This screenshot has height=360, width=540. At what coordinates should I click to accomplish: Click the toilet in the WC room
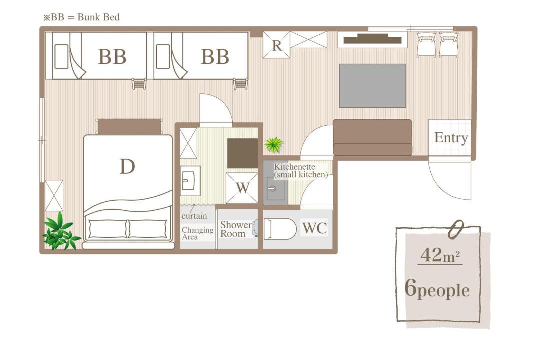coord(280,228)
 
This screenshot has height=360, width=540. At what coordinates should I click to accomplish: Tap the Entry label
coord(451,138)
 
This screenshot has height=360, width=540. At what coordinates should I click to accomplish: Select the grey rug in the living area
coord(372,86)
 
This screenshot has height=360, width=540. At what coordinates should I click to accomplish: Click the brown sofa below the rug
coord(372,138)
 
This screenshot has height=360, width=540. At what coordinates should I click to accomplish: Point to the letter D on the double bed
coord(127,166)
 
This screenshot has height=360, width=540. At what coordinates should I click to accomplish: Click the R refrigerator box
coord(277,45)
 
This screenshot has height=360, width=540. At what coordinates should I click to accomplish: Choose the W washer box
coord(242,188)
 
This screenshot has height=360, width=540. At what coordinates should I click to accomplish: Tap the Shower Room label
coord(236,229)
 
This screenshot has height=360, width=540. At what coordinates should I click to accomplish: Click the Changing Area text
coord(197,233)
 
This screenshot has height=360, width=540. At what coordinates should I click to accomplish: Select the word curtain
coord(194,216)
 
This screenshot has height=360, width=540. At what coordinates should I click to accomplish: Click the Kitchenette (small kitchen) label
coord(301,171)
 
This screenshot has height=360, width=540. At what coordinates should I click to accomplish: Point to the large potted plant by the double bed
coord(60,231)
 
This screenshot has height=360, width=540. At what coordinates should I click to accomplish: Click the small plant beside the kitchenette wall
coord(274,145)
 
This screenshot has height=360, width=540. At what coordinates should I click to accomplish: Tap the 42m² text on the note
coord(440,255)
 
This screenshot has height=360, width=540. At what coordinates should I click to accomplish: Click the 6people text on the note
coord(437,288)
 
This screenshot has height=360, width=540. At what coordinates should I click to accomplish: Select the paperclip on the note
coord(456,229)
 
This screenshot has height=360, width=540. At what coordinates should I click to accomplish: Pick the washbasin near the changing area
coord(190,181)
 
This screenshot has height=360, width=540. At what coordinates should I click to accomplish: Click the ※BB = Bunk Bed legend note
coord(81,17)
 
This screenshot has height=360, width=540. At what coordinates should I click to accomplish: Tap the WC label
coord(315,228)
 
